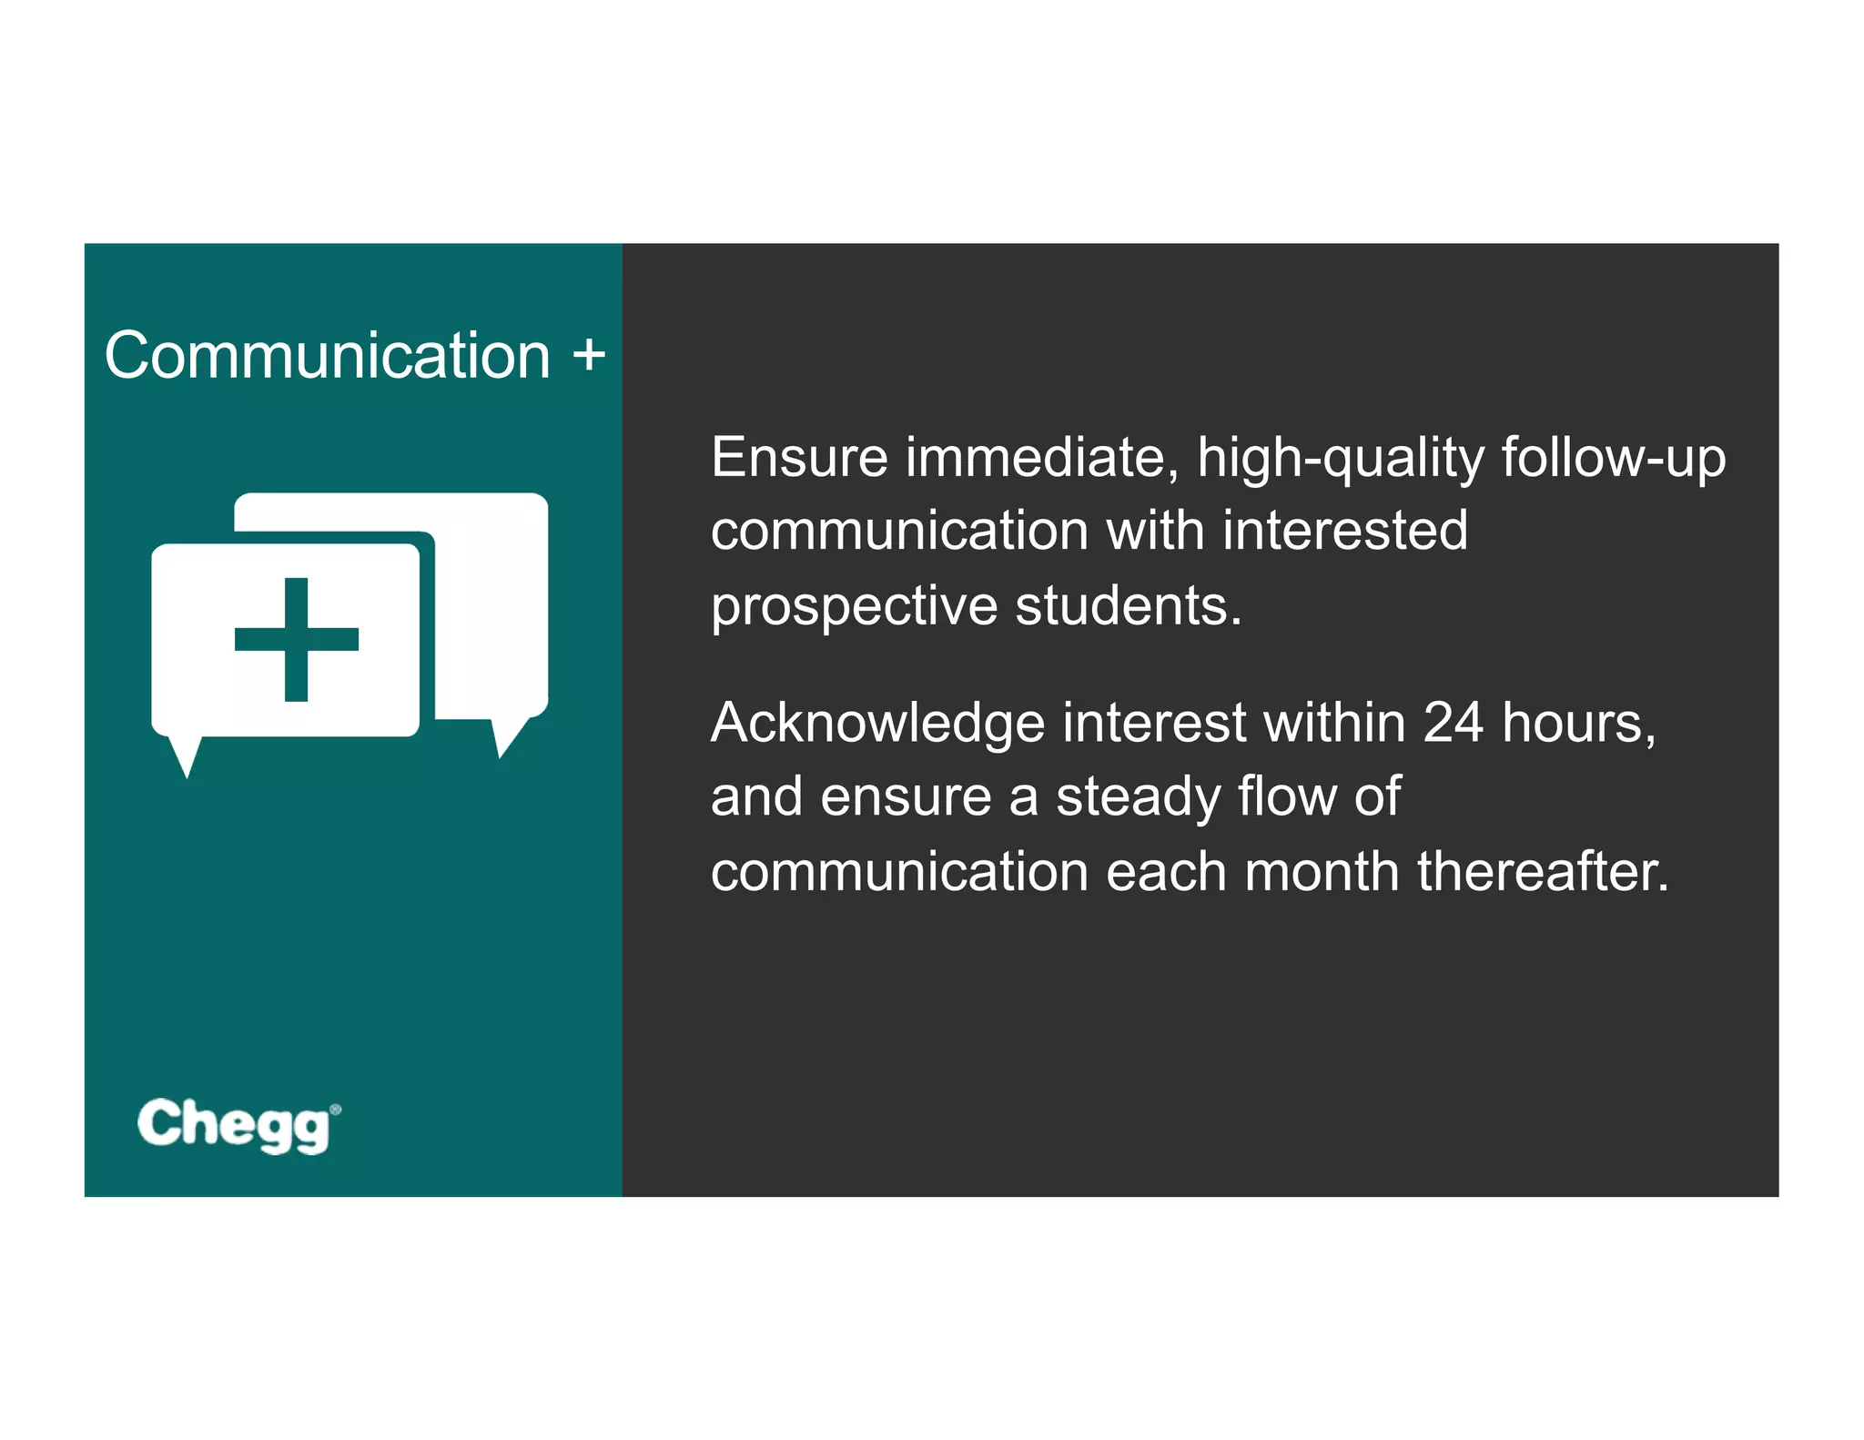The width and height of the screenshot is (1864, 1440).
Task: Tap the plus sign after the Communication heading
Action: pyautogui.click(x=589, y=354)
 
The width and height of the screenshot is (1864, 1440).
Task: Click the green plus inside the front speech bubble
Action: pyautogui.click(x=296, y=639)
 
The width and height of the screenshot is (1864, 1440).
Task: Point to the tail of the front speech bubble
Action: pyautogui.click(x=186, y=755)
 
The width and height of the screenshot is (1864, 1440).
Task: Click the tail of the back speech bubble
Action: pyautogui.click(x=505, y=737)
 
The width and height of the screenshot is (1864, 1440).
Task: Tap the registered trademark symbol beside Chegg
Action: pyautogui.click(x=336, y=1109)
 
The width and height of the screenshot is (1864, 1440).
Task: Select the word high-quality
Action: pyautogui.click(x=1341, y=459)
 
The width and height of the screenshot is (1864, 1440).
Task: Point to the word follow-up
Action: pyautogui.click(x=1613, y=459)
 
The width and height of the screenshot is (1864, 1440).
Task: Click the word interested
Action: pyautogui.click(x=1344, y=531)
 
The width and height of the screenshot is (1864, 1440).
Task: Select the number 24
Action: pyautogui.click(x=1453, y=723)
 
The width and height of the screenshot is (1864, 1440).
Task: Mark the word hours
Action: pyautogui.click(x=1578, y=723)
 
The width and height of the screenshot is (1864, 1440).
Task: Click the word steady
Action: pyautogui.click(x=1138, y=797)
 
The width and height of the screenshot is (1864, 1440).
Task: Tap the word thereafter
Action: pyautogui.click(x=1543, y=871)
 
